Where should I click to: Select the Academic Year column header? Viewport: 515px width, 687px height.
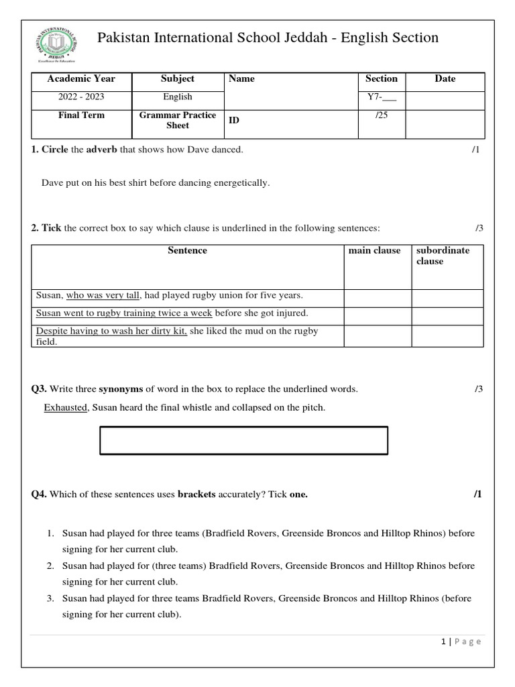(81, 79)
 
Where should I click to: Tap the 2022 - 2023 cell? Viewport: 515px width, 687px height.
(81, 97)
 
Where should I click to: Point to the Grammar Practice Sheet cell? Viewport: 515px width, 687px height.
(178, 120)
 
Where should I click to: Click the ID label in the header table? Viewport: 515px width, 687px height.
(235, 120)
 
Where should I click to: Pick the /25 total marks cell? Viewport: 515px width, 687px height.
(382, 115)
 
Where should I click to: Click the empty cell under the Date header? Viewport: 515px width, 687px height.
(445, 99)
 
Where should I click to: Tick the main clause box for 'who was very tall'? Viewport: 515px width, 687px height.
(378, 298)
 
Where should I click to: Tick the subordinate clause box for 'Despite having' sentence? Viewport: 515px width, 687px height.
(447, 336)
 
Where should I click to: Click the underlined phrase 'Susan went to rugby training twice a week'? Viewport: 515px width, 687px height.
(124, 313)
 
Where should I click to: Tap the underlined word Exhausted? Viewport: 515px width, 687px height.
(66, 407)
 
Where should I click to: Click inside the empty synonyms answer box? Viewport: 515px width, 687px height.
(243, 440)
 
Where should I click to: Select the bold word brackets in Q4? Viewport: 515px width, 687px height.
(196, 494)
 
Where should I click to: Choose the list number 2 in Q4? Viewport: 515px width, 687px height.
(50, 566)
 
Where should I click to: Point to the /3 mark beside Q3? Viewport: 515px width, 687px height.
(478, 389)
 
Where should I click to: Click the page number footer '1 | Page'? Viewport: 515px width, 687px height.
(461, 641)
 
